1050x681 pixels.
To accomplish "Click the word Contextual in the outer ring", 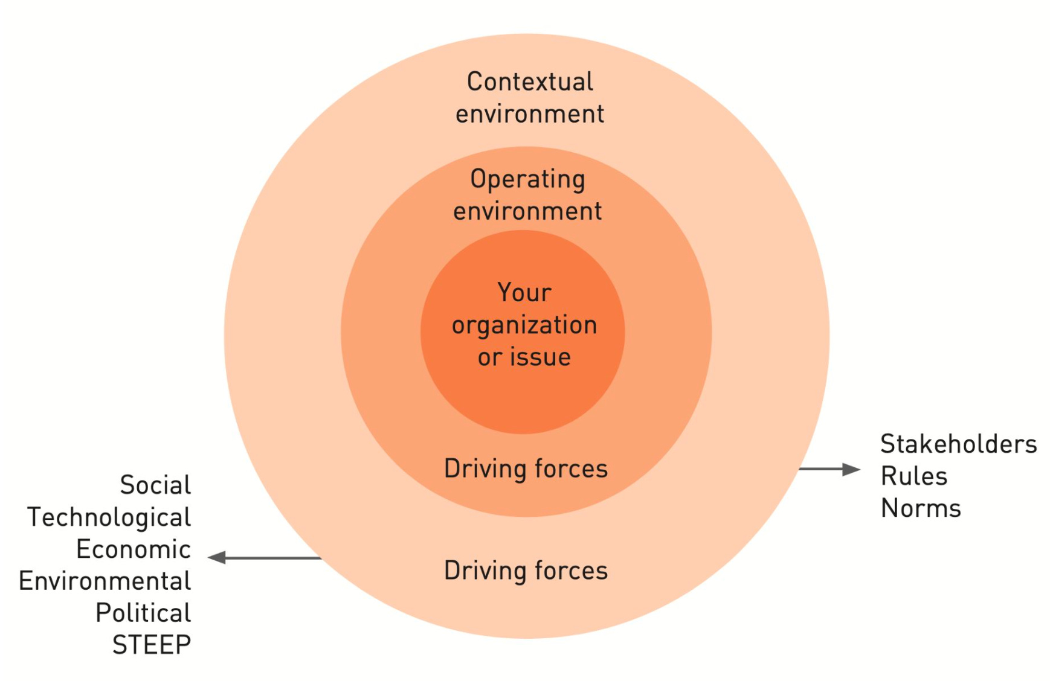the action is [530, 82].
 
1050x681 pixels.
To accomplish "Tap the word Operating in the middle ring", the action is [527, 179].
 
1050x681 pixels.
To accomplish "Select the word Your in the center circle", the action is [524, 293].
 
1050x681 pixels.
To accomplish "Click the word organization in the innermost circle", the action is [524, 325].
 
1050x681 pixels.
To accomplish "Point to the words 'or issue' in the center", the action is [524, 357].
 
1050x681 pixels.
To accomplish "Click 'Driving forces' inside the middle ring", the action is [526, 468].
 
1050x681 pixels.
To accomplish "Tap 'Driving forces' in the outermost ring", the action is [526, 571].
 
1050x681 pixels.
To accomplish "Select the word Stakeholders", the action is [958, 444].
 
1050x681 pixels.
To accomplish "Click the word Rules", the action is [913, 476].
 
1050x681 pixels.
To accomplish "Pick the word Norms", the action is [921, 508].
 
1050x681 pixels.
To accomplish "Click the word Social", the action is [155, 485].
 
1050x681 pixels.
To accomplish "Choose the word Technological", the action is [109, 517].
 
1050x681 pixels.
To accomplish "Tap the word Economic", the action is [134, 549].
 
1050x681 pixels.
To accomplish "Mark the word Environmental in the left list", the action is [105, 581].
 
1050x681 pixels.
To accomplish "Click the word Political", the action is [143, 613].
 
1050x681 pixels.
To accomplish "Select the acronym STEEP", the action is [152, 645].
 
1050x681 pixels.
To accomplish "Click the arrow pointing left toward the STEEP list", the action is [264, 558].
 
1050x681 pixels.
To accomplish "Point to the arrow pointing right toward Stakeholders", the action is [829, 469].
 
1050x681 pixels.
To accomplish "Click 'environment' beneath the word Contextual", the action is [530, 114].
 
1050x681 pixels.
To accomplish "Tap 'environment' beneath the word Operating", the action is [527, 211].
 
